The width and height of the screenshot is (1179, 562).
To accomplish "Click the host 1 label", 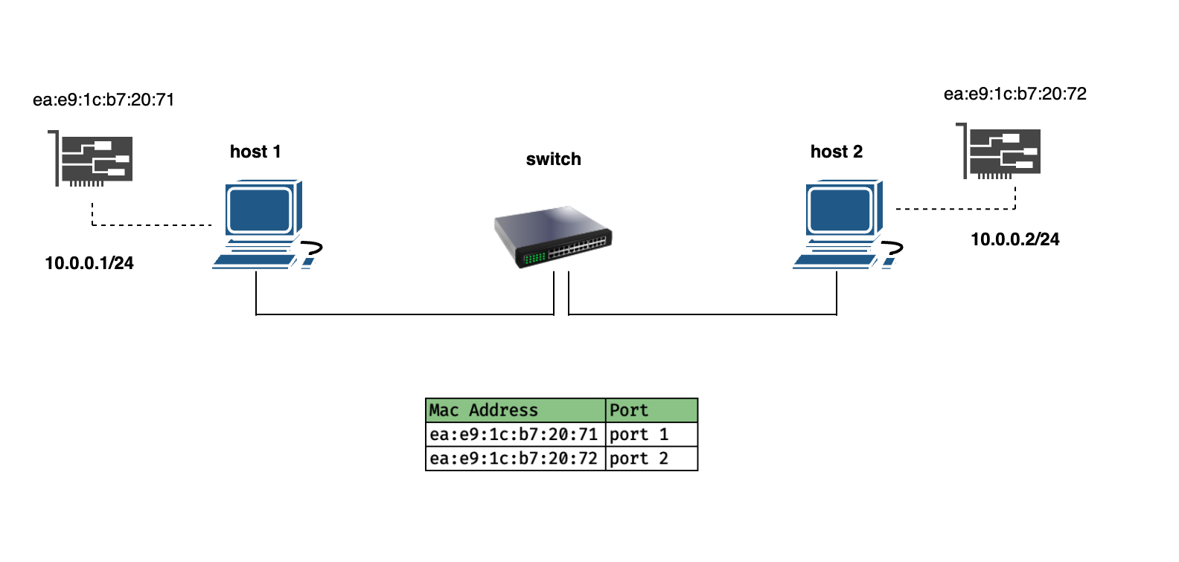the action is click(x=255, y=152).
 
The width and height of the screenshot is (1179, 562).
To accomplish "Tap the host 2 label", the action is click(x=837, y=152).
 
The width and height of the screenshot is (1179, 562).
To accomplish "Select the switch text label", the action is click(x=553, y=159).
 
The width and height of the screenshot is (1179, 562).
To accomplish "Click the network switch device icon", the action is click(x=552, y=236).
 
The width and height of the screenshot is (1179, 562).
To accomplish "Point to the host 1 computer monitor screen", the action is click(x=260, y=209).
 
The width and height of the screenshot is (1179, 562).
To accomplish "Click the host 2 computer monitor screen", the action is click(x=840, y=209).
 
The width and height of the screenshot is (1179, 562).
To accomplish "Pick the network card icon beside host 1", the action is click(x=91, y=158).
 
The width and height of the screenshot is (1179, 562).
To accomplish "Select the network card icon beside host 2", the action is click(x=998, y=152).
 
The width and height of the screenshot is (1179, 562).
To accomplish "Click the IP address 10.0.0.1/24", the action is click(x=89, y=263).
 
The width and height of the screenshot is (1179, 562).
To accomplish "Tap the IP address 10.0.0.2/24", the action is click(x=1015, y=239).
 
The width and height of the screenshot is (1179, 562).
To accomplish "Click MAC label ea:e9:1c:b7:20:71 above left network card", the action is click(x=103, y=100).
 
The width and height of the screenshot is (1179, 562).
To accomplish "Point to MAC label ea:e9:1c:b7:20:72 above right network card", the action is click(x=1015, y=94).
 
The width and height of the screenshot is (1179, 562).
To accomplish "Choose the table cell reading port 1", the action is click(x=651, y=434).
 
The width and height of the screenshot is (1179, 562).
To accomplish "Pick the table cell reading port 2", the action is click(x=651, y=459).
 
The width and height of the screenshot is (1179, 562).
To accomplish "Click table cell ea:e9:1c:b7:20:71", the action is click(x=515, y=434).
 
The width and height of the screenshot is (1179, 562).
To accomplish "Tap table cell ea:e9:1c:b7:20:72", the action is click(x=515, y=459).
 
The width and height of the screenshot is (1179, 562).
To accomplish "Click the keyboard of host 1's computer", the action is click(x=255, y=261).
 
